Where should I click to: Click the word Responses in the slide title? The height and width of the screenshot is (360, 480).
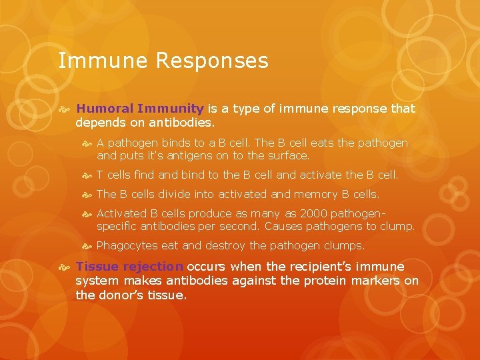212,61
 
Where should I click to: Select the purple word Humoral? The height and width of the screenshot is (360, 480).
105,108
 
